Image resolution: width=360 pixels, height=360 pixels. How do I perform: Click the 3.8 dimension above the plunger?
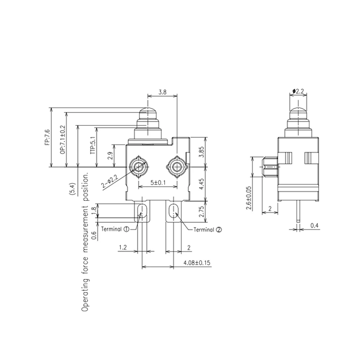(162, 92)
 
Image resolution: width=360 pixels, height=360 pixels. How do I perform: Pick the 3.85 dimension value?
(202, 151)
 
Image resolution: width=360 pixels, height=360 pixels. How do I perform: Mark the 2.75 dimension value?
(202, 211)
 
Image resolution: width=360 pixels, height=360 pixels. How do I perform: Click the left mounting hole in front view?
(139, 166)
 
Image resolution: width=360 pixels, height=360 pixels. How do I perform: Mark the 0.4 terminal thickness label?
(315, 225)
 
